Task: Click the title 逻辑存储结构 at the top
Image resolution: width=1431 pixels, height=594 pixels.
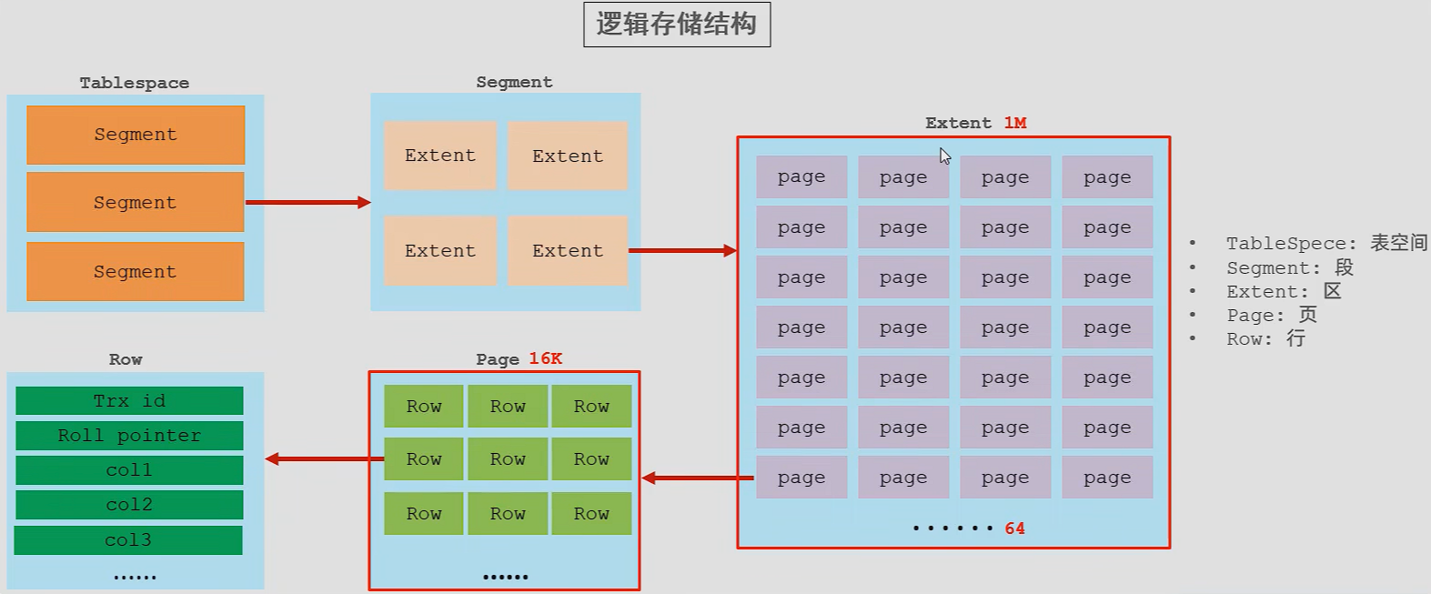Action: click(x=676, y=25)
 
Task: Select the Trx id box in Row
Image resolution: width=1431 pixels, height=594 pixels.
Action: click(x=129, y=401)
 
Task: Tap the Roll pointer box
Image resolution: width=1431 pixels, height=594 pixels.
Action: click(x=129, y=436)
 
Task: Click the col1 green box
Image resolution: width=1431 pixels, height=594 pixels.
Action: click(x=129, y=470)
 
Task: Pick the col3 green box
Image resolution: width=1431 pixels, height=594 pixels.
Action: click(x=128, y=540)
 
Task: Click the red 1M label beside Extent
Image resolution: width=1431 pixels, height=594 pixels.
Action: click(x=1015, y=123)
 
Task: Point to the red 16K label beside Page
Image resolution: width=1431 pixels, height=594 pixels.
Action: click(x=545, y=358)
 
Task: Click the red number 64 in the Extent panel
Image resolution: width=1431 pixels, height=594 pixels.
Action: click(x=1014, y=529)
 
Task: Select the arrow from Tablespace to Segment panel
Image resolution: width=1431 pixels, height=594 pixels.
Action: click(x=307, y=202)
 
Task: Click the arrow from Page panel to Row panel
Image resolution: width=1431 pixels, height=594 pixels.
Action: click(x=323, y=459)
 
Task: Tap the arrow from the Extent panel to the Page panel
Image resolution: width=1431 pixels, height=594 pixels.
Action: click(x=697, y=478)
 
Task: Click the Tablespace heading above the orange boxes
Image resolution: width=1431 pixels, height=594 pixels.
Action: click(x=135, y=83)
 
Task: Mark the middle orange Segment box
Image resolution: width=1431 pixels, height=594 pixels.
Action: click(x=136, y=203)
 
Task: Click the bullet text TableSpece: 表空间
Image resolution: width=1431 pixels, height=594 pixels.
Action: click(x=1325, y=243)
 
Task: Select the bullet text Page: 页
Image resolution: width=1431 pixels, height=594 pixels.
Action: click(x=1271, y=315)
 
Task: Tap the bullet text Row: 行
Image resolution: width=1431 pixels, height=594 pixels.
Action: click(x=1265, y=338)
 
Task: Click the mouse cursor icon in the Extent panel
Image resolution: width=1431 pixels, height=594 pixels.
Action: click(x=945, y=156)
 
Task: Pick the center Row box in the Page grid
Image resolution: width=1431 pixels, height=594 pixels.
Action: click(x=508, y=459)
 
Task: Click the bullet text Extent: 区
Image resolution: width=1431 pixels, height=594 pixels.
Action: click(x=1283, y=291)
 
